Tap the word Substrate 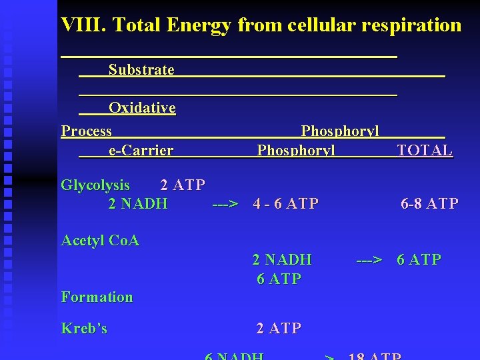pyautogui.click(x=141, y=69)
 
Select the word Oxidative pyautogui.click(x=142, y=107)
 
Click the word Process pyautogui.click(x=87, y=131)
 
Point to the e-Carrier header pyautogui.click(x=141, y=151)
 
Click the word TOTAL pyautogui.click(x=425, y=151)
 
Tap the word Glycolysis pyautogui.click(x=95, y=185)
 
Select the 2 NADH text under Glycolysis pyautogui.click(x=138, y=203)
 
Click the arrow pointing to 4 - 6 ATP pyautogui.click(x=225, y=203)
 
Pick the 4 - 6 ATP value pyautogui.click(x=286, y=203)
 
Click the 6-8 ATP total pyautogui.click(x=429, y=203)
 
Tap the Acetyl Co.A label pyautogui.click(x=100, y=240)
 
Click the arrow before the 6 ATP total pyautogui.click(x=369, y=259)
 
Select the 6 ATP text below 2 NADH pyautogui.click(x=279, y=279)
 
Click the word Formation pyautogui.click(x=97, y=297)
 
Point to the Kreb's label pyautogui.click(x=84, y=328)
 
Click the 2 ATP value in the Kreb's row pyautogui.click(x=279, y=328)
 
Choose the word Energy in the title pyautogui.click(x=198, y=25)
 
